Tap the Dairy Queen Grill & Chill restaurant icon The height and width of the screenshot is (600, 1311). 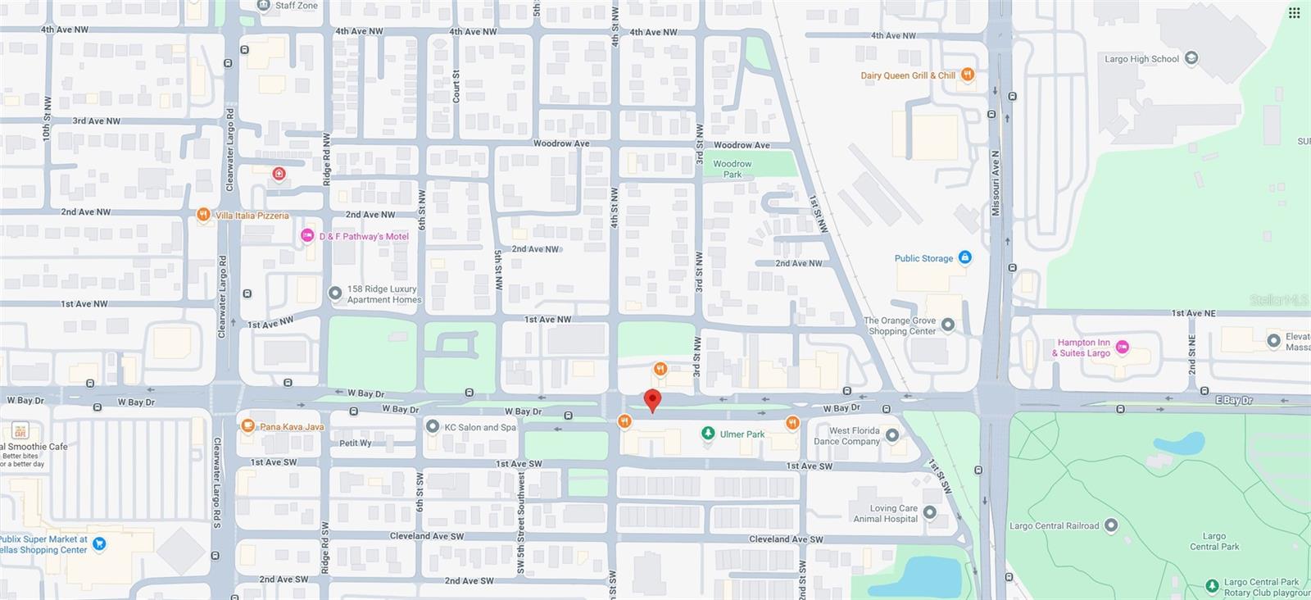tap(968, 75)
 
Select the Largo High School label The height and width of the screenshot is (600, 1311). tap(1141, 59)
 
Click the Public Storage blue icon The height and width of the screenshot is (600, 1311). tap(965, 257)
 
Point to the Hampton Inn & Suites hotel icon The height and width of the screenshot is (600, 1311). tap(1123, 348)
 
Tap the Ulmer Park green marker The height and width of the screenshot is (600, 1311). tap(708, 434)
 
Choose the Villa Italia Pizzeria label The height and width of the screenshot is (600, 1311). tap(252, 216)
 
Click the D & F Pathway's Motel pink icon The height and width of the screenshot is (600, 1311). tap(307, 236)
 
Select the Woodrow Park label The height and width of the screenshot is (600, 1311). tap(732, 169)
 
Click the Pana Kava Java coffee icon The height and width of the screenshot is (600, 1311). tap(247, 425)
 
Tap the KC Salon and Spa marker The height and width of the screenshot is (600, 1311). tap(433, 426)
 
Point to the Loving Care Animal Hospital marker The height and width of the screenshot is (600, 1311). tap(929, 512)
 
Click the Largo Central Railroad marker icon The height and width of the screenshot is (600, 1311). tap(1111, 525)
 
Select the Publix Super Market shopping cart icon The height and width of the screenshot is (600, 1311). tap(99, 543)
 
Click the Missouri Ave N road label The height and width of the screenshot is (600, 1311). tap(996, 183)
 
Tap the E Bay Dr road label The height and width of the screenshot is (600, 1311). tap(1233, 400)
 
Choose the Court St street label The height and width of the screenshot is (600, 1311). tap(456, 86)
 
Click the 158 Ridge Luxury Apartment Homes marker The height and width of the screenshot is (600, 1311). tap(334, 293)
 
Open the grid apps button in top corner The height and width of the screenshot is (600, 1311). tap(1294, 13)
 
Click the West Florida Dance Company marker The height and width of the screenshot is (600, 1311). tap(892, 435)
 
